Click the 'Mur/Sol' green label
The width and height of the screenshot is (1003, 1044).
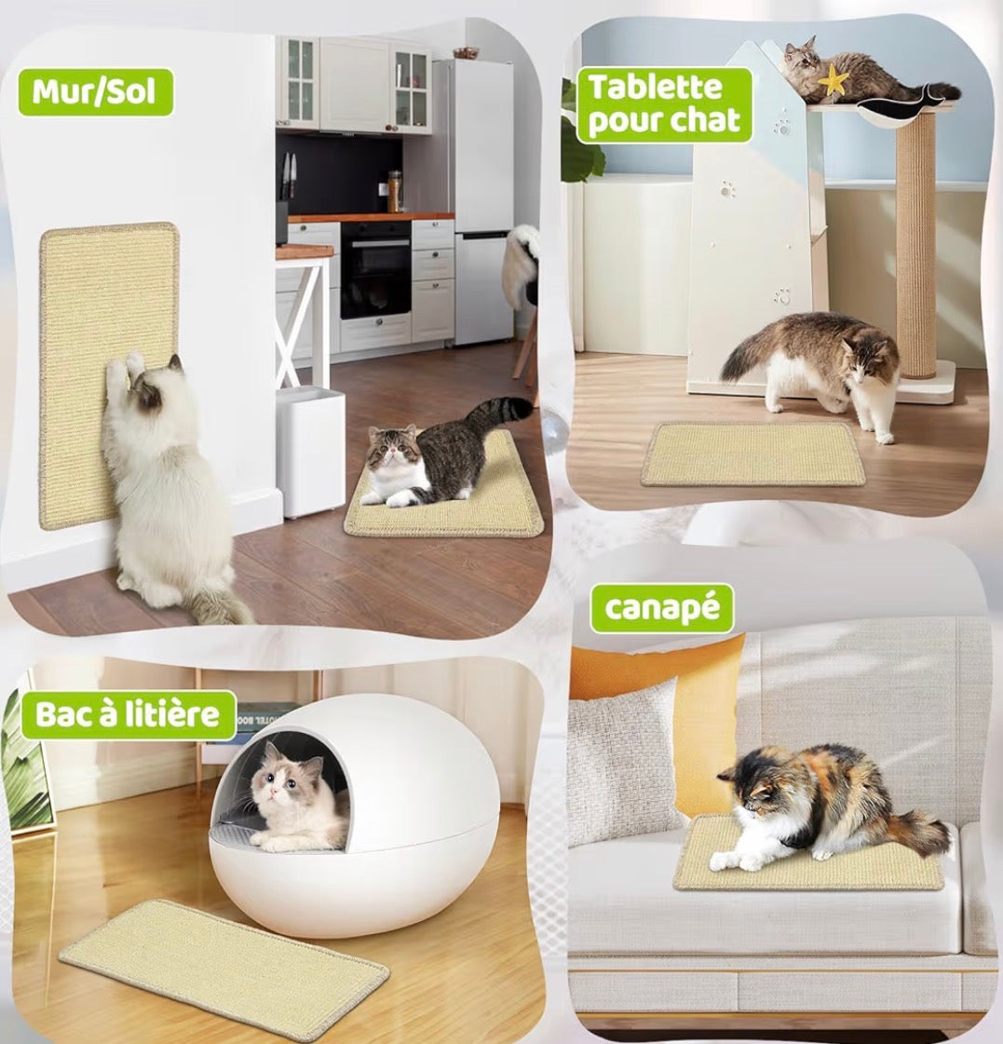(95, 92)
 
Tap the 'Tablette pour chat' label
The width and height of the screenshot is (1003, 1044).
(664, 104)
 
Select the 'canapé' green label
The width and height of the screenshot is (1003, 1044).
(662, 608)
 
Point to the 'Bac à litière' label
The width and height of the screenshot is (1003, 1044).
(128, 715)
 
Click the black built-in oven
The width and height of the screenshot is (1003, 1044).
(375, 270)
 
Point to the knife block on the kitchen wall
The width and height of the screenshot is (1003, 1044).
(287, 176)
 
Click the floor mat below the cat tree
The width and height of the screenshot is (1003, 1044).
(752, 454)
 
